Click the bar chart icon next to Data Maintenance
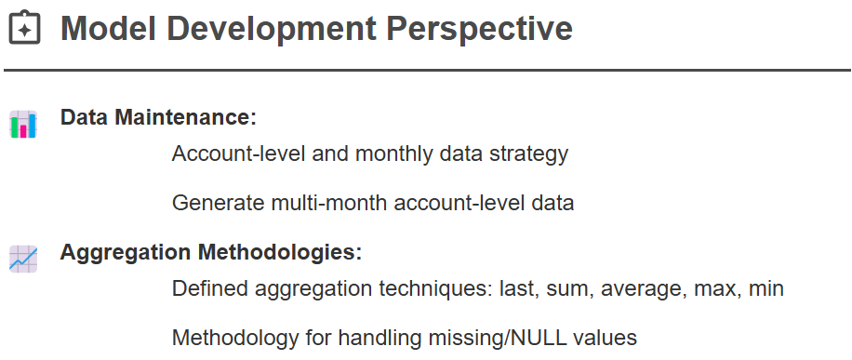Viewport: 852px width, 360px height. [x=23, y=124]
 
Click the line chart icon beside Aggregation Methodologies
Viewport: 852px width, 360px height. [x=23, y=259]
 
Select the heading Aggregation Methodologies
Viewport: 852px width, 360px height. [x=211, y=252]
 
